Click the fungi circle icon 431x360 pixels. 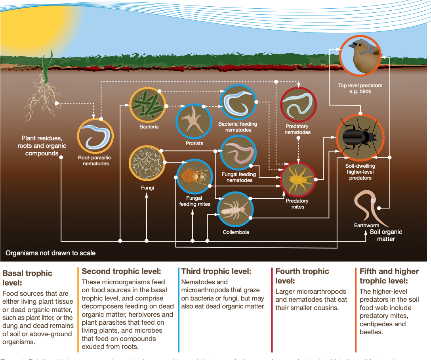(x=147, y=163)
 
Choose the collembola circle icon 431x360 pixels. (x=235, y=209)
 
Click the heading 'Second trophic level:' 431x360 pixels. (x=121, y=272)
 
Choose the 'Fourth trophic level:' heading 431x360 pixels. (x=302, y=276)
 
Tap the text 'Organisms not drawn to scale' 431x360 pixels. (x=50, y=253)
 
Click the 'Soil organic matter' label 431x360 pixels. (x=385, y=236)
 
